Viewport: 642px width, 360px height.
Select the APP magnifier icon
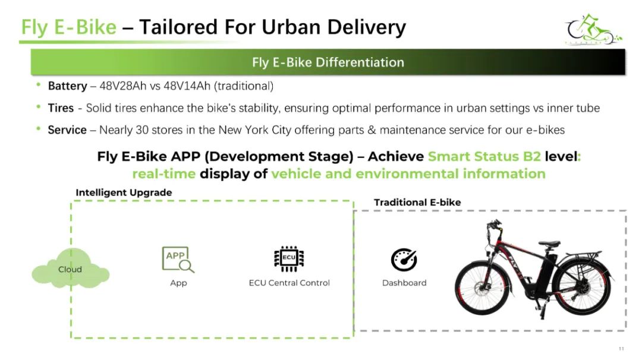(x=178, y=260)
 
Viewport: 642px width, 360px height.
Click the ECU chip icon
(x=289, y=258)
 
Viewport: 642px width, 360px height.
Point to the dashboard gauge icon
(x=404, y=260)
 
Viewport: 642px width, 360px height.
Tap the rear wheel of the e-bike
(x=584, y=288)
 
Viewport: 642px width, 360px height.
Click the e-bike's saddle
(x=549, y=244)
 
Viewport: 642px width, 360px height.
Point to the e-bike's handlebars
(x=494, y=226)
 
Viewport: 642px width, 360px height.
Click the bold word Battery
(x=67, y=86)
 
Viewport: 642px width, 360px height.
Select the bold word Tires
(x=61, y=108)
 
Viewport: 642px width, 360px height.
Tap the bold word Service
(x=67, y=130)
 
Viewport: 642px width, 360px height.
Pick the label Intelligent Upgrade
(x=124, y=192)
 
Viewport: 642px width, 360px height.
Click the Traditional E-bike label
(x=417, y=202)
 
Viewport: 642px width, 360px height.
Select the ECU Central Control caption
(x=289, y=283)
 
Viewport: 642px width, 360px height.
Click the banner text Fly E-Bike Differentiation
(x=328, y=62)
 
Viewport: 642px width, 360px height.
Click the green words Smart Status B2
(x=484, y=156)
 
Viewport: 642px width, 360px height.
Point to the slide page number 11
(x=621, y=349)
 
